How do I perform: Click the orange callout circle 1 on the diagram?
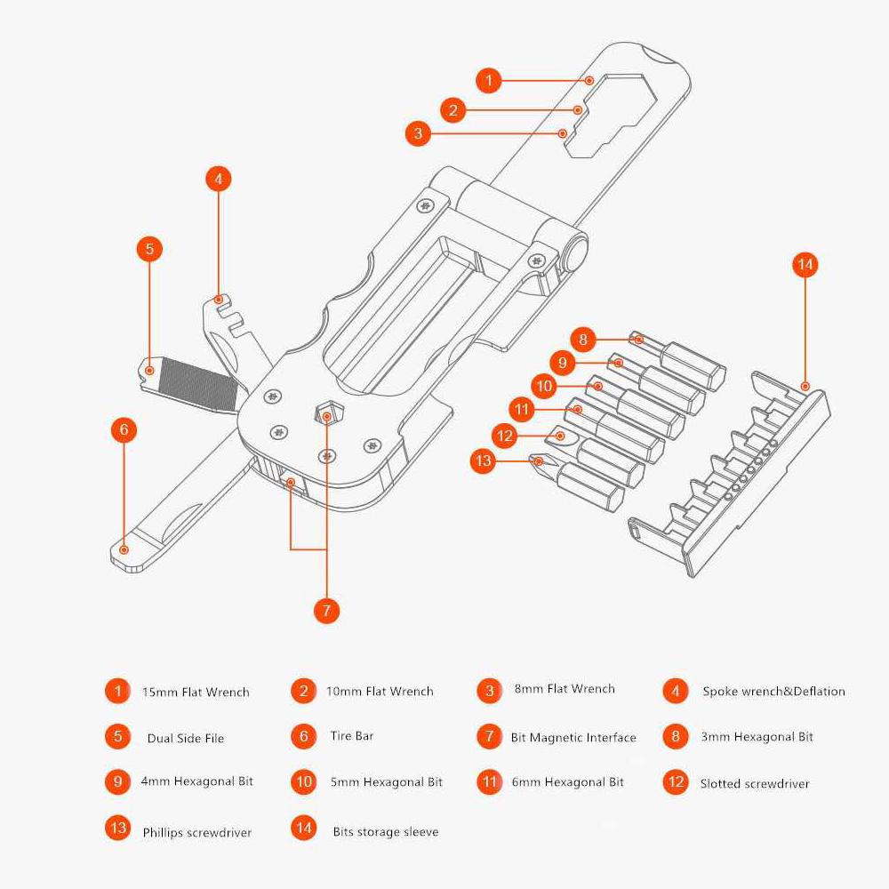(488, 80)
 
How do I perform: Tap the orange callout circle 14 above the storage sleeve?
(805, 265)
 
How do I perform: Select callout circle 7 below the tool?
(326, 611)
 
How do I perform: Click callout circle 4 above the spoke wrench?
(218, 178)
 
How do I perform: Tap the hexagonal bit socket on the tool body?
(328, 414)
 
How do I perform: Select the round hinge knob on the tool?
(575, 251)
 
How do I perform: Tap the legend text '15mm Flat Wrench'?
(196, 692)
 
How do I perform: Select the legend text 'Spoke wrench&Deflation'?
(773, 692)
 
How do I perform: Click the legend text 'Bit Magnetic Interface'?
(573, 737)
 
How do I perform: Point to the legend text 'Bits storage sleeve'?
(386, 831)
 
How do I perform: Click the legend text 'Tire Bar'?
(352, 736)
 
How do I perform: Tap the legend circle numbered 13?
(117, 829)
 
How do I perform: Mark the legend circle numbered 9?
(117, 781)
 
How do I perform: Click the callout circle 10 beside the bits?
(544, 385)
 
